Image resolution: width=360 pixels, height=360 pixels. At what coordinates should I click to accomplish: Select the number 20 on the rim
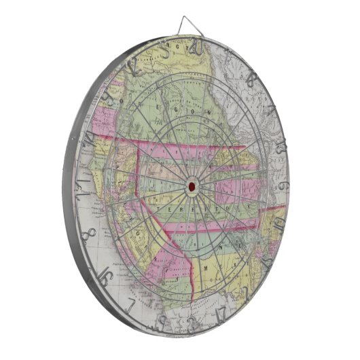[x=198, y=47]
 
